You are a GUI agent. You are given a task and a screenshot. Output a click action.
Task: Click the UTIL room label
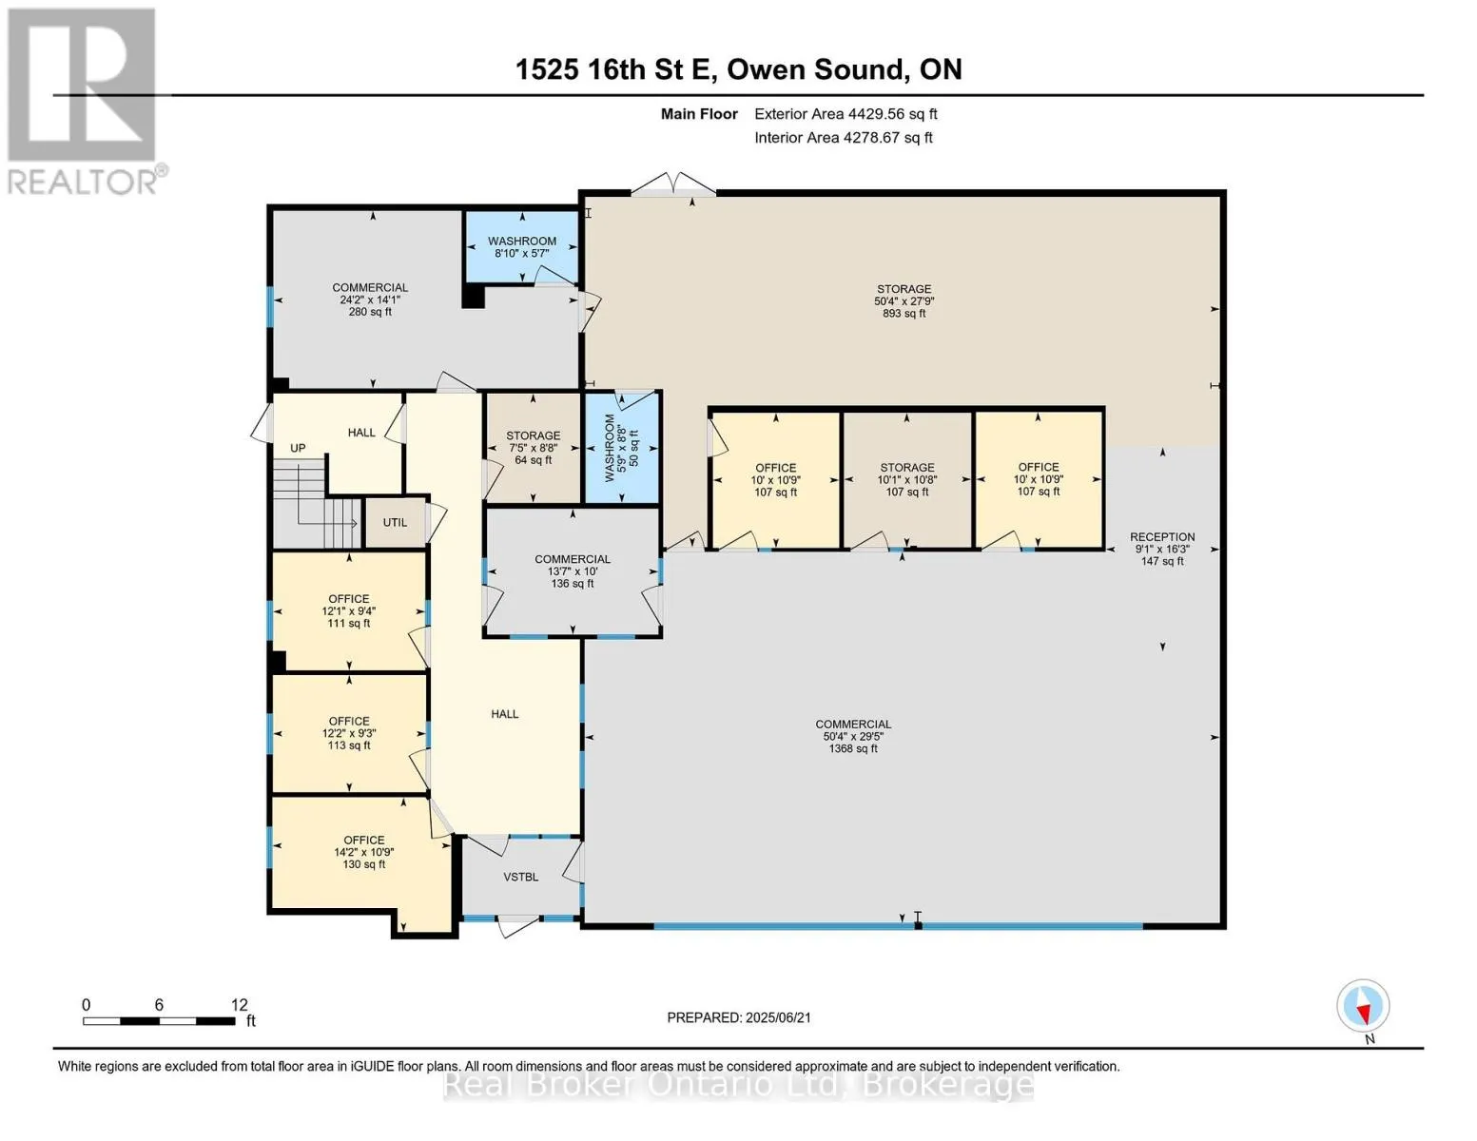point(395,522)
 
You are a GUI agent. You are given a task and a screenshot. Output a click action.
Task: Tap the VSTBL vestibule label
point(520,877)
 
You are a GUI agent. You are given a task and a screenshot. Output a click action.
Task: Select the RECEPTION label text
point(1162,536)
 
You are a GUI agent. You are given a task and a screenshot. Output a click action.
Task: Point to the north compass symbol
point(1363,1006)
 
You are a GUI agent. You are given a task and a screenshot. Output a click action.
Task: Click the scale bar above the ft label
point(159,1020)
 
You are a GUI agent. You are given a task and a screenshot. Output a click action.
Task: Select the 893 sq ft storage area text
point(904,313)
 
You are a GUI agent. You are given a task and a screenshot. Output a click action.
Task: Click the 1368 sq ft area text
point(853,748)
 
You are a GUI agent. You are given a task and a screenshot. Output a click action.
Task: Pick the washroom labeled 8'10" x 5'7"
point(521,246)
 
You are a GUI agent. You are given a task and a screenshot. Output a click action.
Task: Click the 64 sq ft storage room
point(533,448)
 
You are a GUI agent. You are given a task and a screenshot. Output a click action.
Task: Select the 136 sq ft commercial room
point(573,571)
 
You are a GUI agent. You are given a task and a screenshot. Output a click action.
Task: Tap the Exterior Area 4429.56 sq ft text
point(845,114)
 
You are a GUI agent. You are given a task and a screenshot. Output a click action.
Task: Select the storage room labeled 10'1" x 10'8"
point(907,479)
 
